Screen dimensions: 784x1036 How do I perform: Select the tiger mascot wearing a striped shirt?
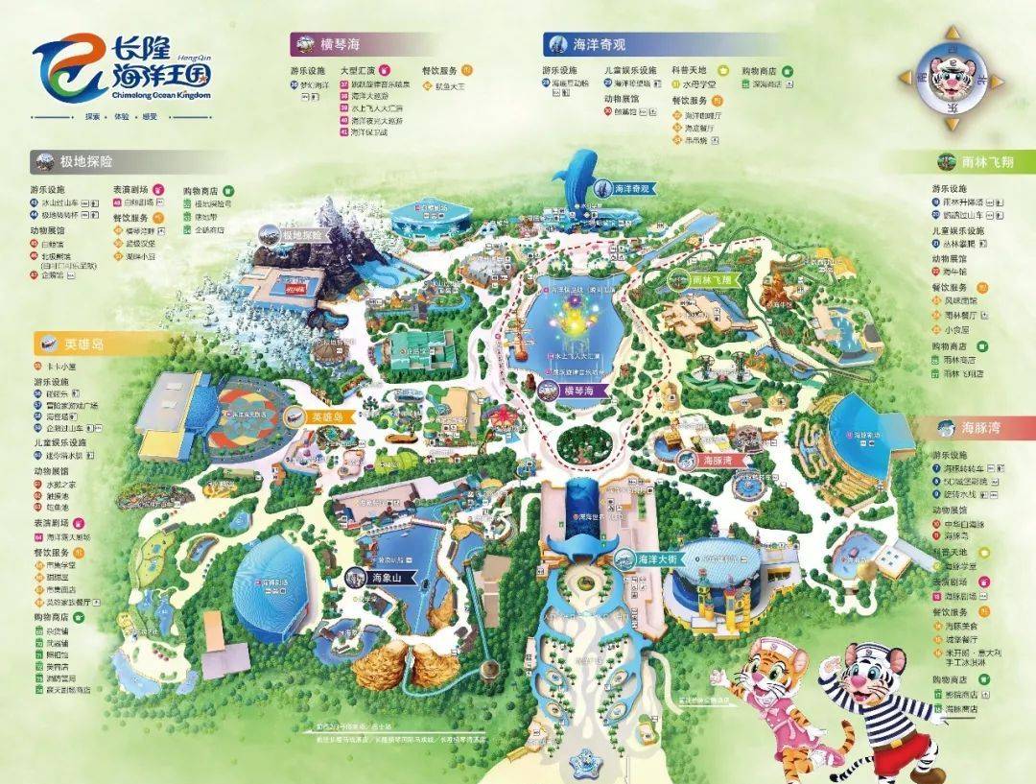coord(883,705)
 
